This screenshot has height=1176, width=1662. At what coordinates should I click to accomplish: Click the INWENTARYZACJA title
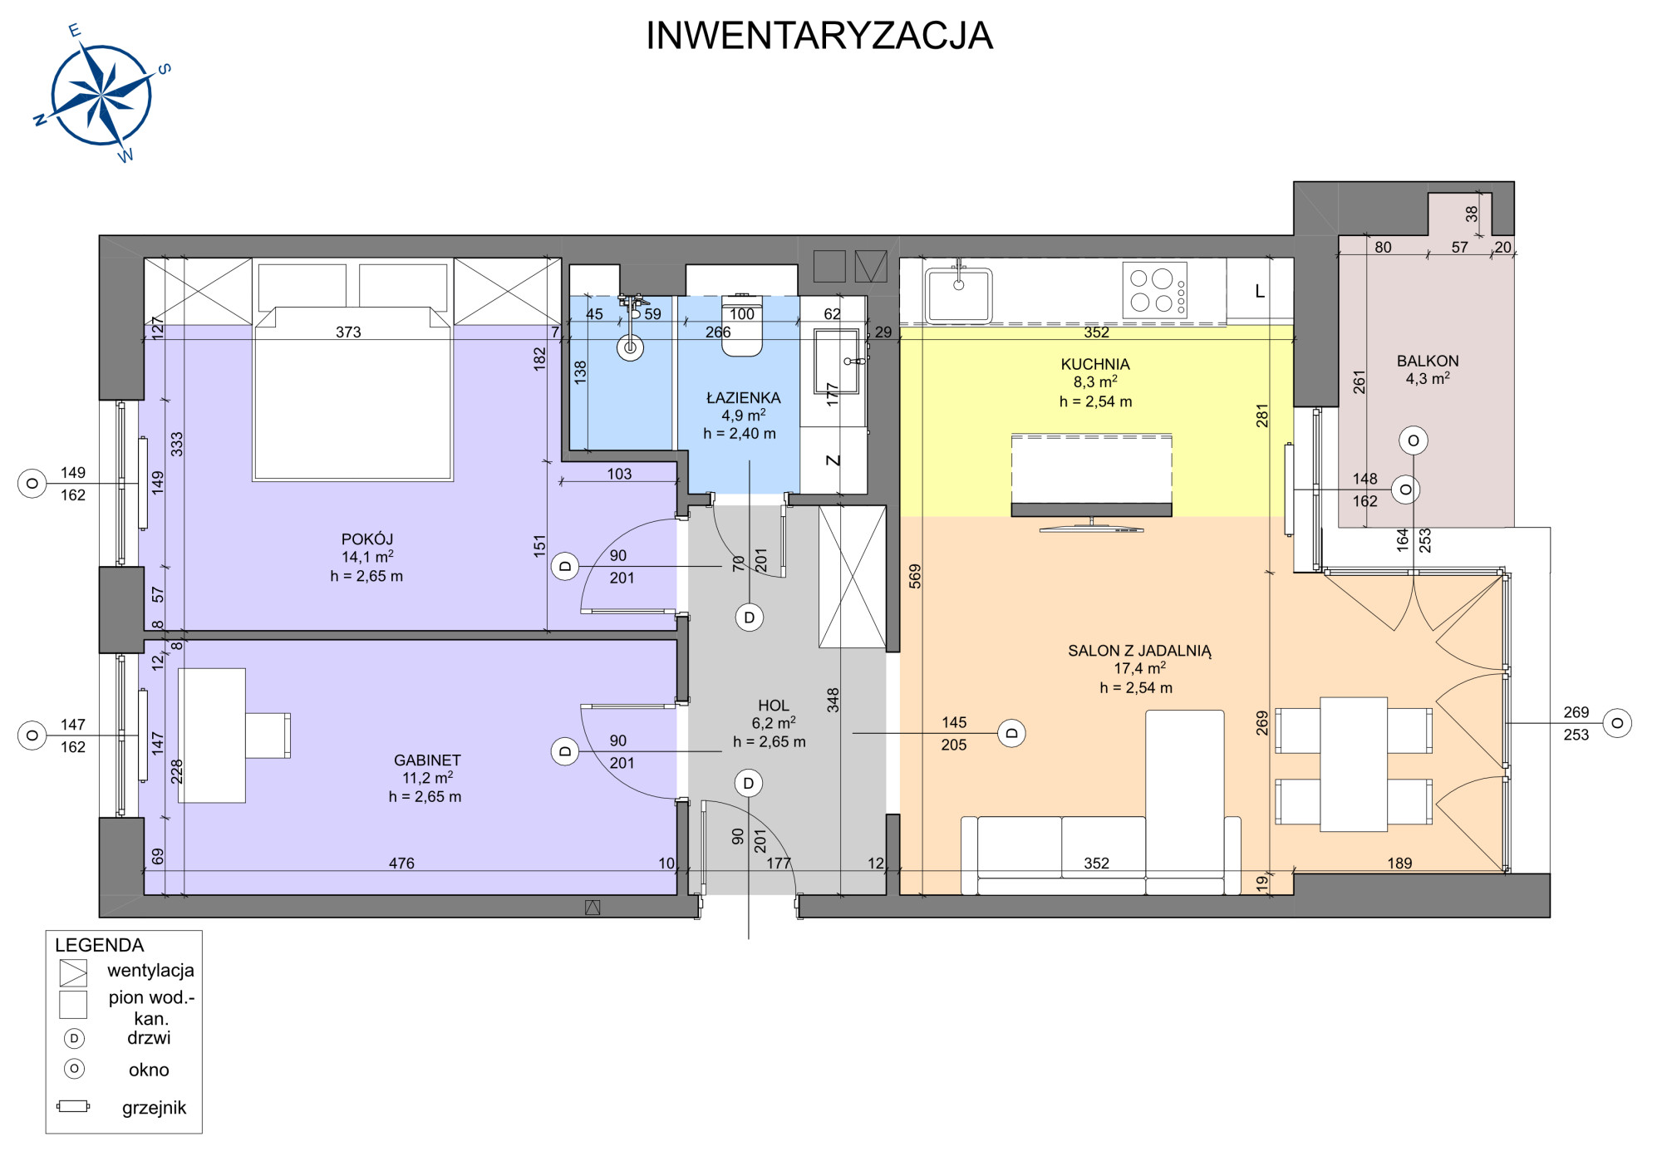(x=819, y=36)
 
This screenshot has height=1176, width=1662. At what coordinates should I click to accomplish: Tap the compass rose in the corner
(x=101, y=94)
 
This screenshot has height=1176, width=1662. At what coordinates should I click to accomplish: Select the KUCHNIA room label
(x=1095, y=364)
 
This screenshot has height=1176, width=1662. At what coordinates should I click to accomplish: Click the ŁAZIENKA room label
(x=743, y=397)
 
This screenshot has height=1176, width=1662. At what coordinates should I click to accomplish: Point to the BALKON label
(x=1428, y=361)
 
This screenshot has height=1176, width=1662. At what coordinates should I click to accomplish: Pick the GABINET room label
(x=427, y=760)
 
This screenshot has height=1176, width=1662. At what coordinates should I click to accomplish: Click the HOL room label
(x=773, y=706)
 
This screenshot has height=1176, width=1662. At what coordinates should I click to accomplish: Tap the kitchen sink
(x=959, y=294)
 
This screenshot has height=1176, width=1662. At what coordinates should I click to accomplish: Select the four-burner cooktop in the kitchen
(x=1154, y=290)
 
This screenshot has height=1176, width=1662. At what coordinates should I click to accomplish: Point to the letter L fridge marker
(x=1260, y=291)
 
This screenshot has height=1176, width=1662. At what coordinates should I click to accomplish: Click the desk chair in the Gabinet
(x=268, y=735)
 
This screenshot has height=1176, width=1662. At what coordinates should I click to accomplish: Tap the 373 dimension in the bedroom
(x=348, y=332)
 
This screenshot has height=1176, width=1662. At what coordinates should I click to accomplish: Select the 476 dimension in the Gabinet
(x=401, y=864)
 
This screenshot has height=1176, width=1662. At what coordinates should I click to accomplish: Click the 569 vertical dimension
(x=915, y=576)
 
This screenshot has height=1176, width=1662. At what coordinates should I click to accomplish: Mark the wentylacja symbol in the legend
(x=73, y=972)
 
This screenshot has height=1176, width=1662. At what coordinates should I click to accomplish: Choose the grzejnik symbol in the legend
(x=73, y=1106)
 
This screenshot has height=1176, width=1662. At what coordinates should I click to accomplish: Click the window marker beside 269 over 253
(x=1617, y=723)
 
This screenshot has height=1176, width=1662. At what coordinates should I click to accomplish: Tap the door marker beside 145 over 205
(x=1011, y=733)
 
